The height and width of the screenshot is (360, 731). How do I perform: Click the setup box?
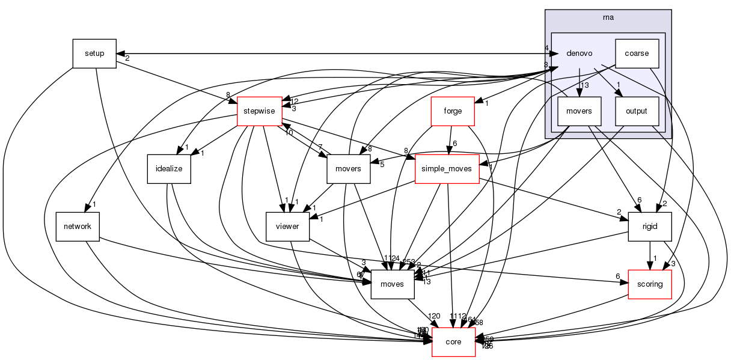click(94, 53)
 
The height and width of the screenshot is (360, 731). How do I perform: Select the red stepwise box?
click(259, 111)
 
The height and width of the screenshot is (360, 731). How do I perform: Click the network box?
click(77, 226)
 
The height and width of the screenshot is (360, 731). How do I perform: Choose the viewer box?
click(288, 226)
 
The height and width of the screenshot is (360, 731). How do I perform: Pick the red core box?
click(453, 342)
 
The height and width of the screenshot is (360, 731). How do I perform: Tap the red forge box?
click(453, 111)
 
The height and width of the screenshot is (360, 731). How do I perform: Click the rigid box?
click(649, 226)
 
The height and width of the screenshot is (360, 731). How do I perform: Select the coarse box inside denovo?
click(637, 53)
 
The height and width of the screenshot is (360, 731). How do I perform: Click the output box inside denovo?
click(637, 111)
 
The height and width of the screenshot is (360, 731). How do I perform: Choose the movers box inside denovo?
click(578, 111)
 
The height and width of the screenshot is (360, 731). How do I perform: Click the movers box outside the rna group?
click(347, 169)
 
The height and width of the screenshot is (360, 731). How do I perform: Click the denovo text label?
click(578, 53)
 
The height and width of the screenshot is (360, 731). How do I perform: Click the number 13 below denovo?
click(584, 85)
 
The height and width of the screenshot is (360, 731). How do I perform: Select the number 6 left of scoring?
click(617, 276)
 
